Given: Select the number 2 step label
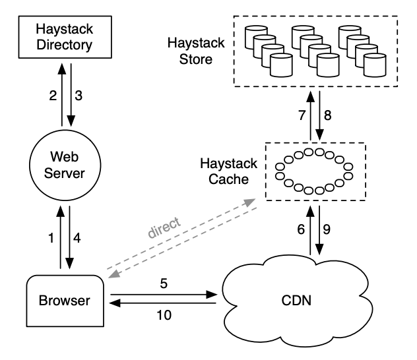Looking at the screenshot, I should click(x=52, y=96).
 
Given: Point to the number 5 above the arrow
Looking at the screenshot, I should click(x=164, y=284).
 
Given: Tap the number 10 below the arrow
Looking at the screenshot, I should click(x=164, y=315).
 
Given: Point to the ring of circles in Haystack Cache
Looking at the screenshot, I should click(x=313, y=171).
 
